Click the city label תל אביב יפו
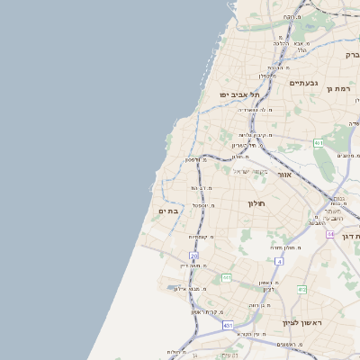(x=238, y=94)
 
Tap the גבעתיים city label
(x=302, y=83)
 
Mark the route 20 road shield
(x=193, y=256)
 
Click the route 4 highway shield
(x=279, y=261)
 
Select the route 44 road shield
(x=330, y=234)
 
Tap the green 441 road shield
(x=227, y=277)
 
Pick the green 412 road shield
(x=301, y=289)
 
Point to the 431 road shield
(x=228, y=325)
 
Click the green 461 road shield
(x=319, y=143)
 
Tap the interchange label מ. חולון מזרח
(x=283, y=247)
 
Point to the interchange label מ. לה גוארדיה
(x=255, y=111)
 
